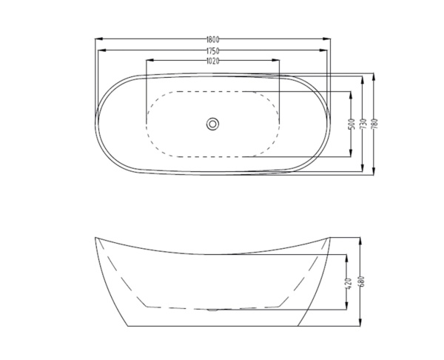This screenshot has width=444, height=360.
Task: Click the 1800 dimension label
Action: click(x=212, y=39)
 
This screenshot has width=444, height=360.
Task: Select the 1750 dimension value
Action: click(x=212, y=50)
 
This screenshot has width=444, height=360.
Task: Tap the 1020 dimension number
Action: click(x=212, y=61)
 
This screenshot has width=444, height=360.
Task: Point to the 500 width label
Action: click(x=351, y=124)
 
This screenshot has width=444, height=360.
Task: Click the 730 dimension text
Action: click(x=363, y=124)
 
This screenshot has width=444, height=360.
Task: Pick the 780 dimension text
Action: click(x=374, y=123)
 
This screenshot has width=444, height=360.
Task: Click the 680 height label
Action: click(x=360, y=281)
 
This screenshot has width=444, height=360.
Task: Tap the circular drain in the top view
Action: click(x=212, y=124)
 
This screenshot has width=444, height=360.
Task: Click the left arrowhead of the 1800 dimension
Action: click(x=98, y=39)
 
